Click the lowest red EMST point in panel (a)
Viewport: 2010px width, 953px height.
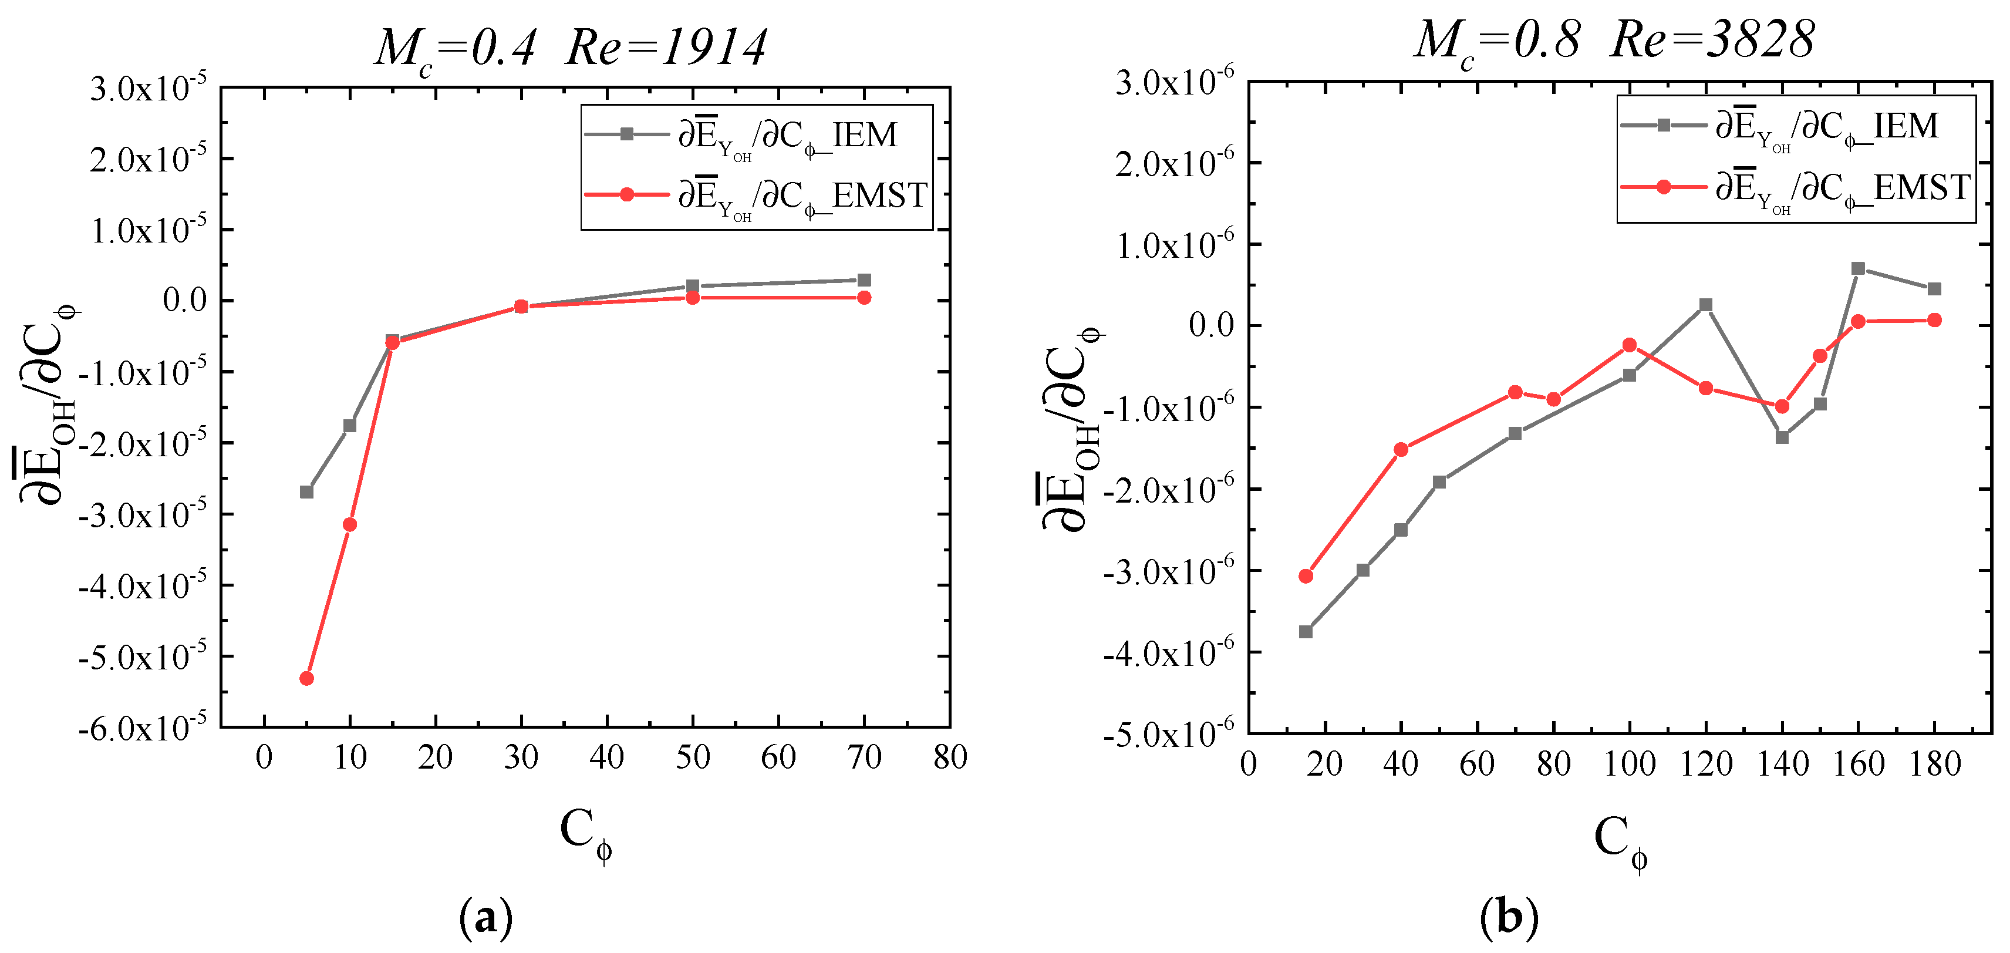(x=306, y=678)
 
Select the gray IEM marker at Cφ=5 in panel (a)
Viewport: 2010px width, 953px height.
(x=306, y=491)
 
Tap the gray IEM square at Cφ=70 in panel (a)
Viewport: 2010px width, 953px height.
(x=864, y=280)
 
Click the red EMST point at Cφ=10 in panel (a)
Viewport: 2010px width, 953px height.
(x=349, y=524)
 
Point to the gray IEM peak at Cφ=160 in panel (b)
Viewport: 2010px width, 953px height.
(x=1858, y=268)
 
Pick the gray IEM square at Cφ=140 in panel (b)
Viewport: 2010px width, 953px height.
(x=1782, y=437)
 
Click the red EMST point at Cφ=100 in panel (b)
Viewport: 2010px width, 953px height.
(x=1629, y=345)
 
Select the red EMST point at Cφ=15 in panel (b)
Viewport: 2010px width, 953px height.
(x=1306, y=576)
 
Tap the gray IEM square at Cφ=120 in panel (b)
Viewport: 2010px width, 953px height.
(x=1706, y=304)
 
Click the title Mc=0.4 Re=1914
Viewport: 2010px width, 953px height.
(x=569, y=48)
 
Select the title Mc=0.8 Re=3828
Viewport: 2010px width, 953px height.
(x=1614, y=41)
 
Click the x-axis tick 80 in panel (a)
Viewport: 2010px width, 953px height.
(x=950, y=757)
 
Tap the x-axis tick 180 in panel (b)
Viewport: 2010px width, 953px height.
(x=1934, y=763)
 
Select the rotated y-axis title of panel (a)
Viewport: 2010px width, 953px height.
(x=48, y=406)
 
